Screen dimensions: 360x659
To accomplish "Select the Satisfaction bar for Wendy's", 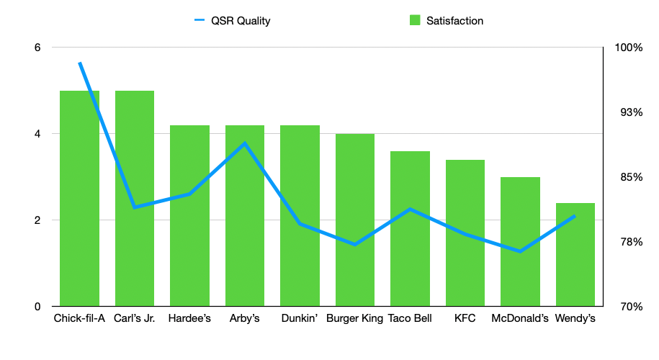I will coord(575,259).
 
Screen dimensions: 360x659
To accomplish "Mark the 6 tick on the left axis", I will coord(37,48).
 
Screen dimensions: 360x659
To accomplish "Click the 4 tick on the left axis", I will coord(37,134).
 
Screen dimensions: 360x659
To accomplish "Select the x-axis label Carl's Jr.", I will coord(135,318).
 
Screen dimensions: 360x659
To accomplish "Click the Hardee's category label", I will coord(189,318).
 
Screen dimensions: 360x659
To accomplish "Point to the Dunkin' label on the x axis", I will coord(300,318).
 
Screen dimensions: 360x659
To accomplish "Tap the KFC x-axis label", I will coord(465,318).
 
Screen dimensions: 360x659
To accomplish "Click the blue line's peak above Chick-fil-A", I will coord(80,63).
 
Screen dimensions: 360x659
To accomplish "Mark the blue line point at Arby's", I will coord(245,143).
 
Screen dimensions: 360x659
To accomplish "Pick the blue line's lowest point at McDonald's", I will coord(520,251).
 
